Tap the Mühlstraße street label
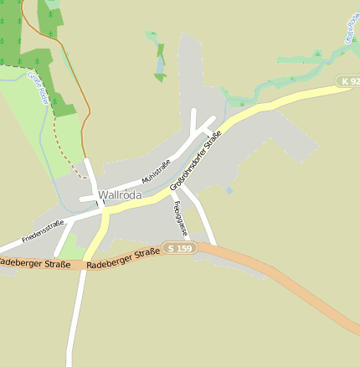156,172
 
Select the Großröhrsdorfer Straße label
195,161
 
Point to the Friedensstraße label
43,231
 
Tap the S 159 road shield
179,249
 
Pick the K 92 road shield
350,81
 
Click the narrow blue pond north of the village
160,65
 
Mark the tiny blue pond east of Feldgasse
229,190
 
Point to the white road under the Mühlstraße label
142,183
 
